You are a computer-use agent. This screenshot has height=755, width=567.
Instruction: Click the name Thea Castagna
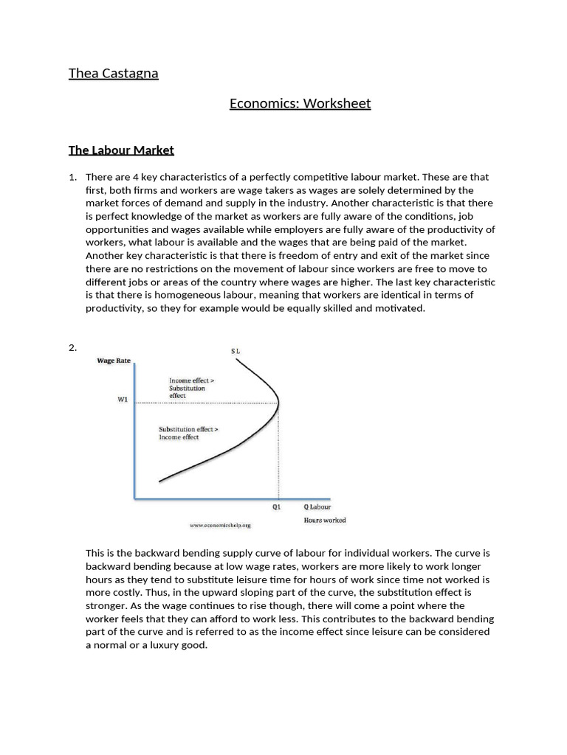113,73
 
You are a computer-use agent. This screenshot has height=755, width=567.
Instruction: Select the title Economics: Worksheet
300,103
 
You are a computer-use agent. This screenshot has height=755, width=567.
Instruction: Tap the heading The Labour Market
121,150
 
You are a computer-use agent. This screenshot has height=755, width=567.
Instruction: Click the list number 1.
72,177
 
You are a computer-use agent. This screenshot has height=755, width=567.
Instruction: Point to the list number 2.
72,348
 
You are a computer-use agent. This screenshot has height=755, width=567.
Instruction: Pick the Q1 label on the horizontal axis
277,507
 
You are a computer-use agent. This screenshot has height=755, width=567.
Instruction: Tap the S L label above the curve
236,352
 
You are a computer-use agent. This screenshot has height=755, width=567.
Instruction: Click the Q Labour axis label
317,507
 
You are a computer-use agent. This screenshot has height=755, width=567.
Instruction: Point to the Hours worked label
324,521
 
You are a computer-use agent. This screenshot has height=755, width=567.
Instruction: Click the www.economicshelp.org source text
220,526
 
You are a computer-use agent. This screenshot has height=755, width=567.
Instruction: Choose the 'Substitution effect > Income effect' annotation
188,433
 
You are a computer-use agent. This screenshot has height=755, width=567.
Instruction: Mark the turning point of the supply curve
278,403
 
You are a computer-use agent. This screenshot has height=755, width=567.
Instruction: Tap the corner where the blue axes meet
135,498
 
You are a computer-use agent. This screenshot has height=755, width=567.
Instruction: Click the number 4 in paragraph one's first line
131,177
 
